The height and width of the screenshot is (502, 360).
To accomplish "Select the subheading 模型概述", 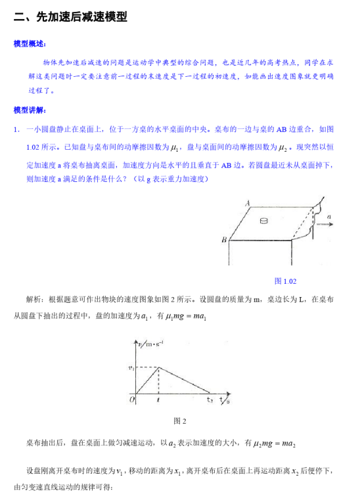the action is [x=30, y=44].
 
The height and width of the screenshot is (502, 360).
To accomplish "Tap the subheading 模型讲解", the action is [x=30, y=109].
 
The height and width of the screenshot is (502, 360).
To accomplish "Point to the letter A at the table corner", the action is [x=248, y=204].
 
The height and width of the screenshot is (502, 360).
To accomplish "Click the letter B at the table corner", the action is [x=224, y=240].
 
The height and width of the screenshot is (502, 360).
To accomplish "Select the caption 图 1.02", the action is [x=285, y=281].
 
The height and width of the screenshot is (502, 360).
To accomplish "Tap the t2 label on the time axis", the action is [x=210, y=399].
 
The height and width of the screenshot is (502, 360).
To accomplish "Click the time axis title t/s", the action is [x=225, y=399].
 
